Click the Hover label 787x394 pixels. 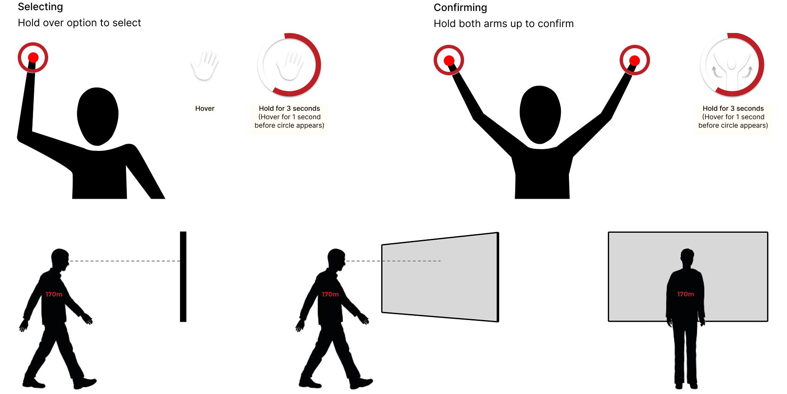[205, 109]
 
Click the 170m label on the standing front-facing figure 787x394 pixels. [686, 294]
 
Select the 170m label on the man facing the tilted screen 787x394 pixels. [330, 294]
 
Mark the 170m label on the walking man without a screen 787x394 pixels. [54, 294]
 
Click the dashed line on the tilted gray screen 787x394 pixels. [412, 261]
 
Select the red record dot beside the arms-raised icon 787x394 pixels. [634, 60]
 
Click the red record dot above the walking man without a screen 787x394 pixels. [33, 57]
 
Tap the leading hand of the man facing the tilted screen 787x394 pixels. [364, 319]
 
